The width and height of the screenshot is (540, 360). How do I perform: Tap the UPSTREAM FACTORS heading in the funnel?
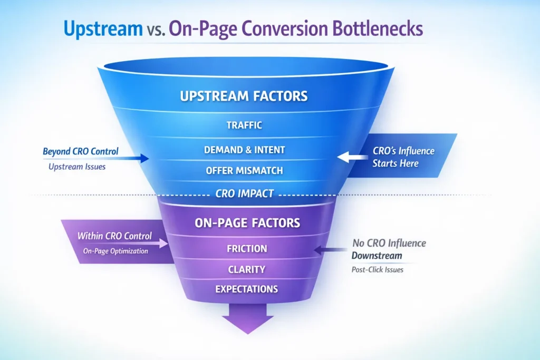tap(244, 96)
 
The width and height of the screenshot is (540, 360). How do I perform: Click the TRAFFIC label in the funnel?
tap(244, 125)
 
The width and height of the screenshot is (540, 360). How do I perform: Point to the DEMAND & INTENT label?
tap(244, 150)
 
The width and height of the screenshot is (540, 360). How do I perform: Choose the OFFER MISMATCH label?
tap(244, 171)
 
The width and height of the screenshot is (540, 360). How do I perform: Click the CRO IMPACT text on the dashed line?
tap(244, 193)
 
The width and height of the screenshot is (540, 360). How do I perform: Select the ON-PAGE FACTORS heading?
tap(247, 223)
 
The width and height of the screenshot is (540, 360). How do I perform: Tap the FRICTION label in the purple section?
tap(247, 248)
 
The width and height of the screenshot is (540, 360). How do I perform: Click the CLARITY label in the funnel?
tap(247, 269)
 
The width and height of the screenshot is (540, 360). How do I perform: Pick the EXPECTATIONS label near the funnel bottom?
tap(247, 289)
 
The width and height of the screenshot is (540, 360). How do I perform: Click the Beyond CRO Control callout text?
tap(80, 152)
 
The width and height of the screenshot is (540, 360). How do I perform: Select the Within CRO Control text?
tap(115, 236)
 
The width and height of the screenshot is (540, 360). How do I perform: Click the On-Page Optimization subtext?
tap(115, 251)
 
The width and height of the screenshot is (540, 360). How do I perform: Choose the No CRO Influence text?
tap(389, 244)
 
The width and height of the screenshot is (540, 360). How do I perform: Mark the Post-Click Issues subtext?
tap(378, 269)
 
